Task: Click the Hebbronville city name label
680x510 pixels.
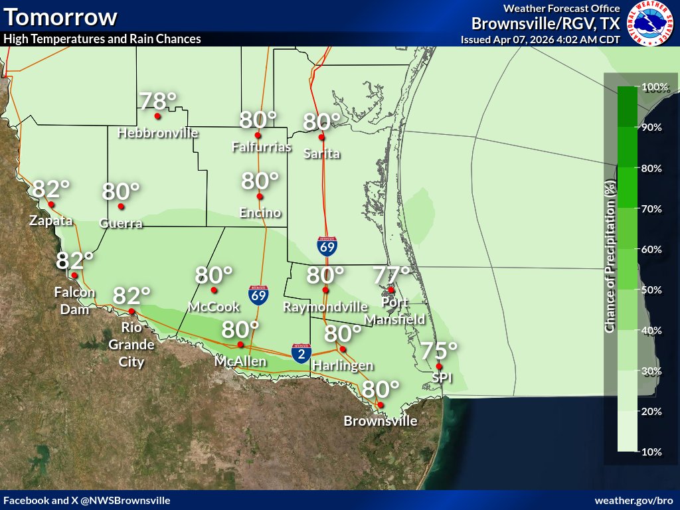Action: pos(158,133)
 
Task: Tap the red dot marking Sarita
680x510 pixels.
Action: pos(321,137)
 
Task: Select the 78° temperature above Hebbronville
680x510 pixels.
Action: pos(158,101)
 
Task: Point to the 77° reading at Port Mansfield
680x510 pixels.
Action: pos(391,274)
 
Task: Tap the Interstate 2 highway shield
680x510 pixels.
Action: pos(301,353)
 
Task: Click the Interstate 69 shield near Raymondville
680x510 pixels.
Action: pos(327,246)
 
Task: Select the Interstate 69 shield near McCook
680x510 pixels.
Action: pos(258,295)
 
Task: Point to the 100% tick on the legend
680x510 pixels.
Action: pos(654,87)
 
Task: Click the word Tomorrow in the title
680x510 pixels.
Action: pos(60,17)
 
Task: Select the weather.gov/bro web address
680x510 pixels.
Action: pos(634,500)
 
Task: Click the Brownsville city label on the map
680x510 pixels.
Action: pos(381,421)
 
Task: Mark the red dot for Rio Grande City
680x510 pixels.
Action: pos(132,311)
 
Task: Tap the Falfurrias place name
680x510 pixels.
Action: pos(262,147)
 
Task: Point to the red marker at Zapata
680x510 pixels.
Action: pos(51,205)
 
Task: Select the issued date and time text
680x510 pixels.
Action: pos(540,39)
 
